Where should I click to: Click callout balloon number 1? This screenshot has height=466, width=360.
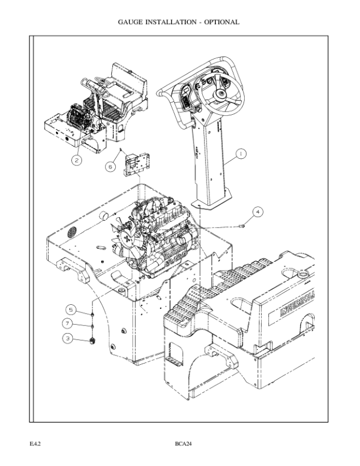click(x=240, y=154)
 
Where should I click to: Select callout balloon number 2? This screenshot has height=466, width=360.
click(x=77, y=159)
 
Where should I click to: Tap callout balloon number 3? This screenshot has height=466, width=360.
click(x=69, y=339)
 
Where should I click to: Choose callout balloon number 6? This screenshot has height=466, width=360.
click(x=109, y=167)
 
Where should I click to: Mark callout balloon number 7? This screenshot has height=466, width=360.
click(x=69, y=324)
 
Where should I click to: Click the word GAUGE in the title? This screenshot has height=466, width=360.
click(x=131, y=22)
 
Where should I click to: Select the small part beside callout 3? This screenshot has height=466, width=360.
click(x=92, y=339)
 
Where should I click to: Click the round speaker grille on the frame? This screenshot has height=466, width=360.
click(x=71, y=231)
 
